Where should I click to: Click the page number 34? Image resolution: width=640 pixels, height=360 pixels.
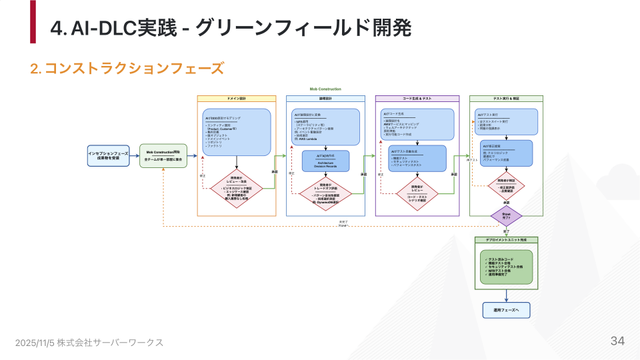tap(617, 341)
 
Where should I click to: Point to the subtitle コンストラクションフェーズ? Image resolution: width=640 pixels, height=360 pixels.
tap(133, 68)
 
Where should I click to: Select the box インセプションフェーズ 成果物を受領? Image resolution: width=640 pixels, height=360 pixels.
tap(107, 155)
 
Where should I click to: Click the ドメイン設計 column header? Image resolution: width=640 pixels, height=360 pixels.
tap(237, 99)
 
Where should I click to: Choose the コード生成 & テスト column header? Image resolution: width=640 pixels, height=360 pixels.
tap(417, 99)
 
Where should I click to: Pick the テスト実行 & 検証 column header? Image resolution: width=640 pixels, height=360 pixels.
tap(507, 99)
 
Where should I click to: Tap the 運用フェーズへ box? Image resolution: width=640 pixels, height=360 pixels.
tap(506, 310)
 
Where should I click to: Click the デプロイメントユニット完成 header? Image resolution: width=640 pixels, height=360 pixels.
tap(507, 239)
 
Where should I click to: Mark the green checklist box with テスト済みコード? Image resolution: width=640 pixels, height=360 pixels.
tap(506, 266)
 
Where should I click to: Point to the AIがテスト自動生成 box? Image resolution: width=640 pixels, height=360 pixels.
tap(417, 157)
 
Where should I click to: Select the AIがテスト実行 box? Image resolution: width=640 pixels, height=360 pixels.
tap(507, 121)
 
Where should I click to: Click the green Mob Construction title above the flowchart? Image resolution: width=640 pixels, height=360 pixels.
tap(325, 89)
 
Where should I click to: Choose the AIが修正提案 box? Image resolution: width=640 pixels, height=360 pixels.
tap(507, 153)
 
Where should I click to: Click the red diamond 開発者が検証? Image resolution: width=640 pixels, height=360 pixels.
tap(507, 185)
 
